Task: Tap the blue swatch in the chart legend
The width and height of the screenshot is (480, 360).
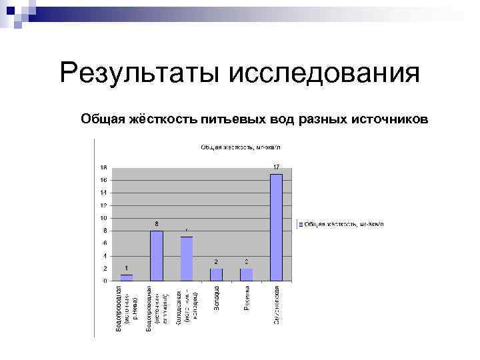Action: click(x=301, y=224)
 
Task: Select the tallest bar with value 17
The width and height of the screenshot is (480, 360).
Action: click(x=277, y=227)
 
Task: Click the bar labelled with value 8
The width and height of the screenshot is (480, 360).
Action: click(x=157, y=255)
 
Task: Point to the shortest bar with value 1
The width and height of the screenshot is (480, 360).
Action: click(x=127, y=277)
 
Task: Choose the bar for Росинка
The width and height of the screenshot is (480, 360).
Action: click(x=247, y=274)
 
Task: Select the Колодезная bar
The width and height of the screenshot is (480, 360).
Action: click(x=187, y=258)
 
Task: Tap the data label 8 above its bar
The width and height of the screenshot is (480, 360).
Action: click(x=157, y=223)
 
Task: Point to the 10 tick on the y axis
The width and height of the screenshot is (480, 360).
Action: click(x=103, y=218)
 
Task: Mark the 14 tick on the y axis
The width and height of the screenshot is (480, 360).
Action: click(x=103, y=193)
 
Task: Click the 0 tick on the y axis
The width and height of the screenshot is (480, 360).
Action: click(x=105, y=281)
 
